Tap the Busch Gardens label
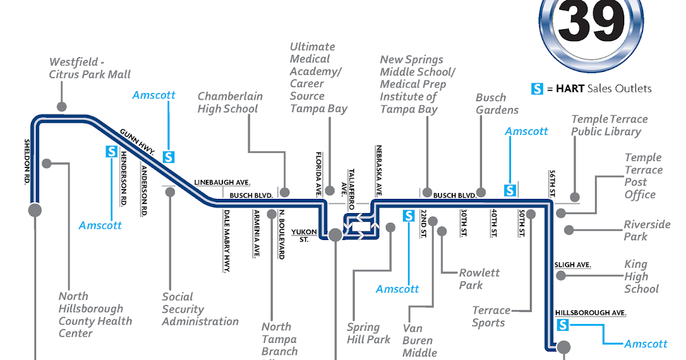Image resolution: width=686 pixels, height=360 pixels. pyautogui.click(x=497, y=104)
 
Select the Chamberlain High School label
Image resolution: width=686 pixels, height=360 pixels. pyautogui.click(x=230, y=102)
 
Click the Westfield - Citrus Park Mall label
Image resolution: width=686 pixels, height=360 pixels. pyautogui.click(x=90, y=68)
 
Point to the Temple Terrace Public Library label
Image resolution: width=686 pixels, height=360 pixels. pyautogui.click(x=609, y=125)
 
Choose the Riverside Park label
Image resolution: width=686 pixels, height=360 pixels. pyautogui.click(x=647, y=230)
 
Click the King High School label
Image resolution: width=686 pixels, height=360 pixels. pyautogui.click(x=641, y=277)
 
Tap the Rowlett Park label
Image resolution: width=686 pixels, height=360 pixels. pyautogui.click(x=479, y=279)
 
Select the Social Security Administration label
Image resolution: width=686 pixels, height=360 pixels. pyautogui.click(x=200, y=309)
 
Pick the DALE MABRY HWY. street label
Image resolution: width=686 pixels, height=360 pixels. pyautogui.click(x=226, y=240)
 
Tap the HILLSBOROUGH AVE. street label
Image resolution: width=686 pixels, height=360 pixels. pyautogui.click(x=591, y=313)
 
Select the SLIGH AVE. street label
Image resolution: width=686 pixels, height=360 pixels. pyautogui.click(x=572, y=265)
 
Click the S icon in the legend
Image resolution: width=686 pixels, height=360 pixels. pyautogui.click(x=537, y=89)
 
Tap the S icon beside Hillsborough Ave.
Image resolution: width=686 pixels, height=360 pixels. pyautogui.click(x=563, y=325)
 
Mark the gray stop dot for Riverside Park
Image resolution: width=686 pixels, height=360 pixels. pyautogui.click(x=568, y=230)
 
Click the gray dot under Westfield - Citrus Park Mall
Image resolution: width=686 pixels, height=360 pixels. pyautogui.click(x=61, y=106)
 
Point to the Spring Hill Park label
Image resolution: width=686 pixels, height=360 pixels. pyautogui.click(x=368, y=333)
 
